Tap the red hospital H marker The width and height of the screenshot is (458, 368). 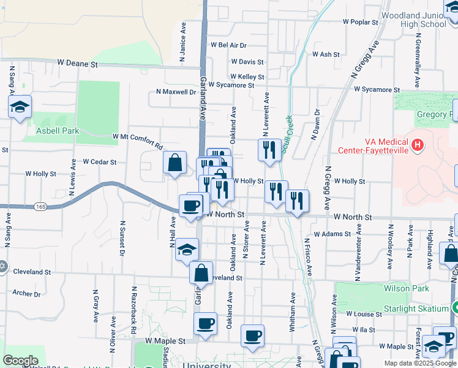coord(418,145)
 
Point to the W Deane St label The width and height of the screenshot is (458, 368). coord(78,63)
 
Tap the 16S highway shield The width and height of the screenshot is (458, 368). coord(40,207)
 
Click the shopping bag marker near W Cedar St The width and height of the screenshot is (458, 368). coord(175,163)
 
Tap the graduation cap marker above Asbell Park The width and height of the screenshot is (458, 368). coord(20,107)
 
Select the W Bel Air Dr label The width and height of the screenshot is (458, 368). coord(228,45)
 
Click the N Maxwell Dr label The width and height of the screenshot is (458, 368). coord(176,92)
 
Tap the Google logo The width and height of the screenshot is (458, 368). coord(21,361)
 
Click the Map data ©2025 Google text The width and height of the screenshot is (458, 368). coord(420,363)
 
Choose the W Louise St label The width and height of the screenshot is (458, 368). coord(364,314)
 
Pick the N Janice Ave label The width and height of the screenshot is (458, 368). coord(182,43)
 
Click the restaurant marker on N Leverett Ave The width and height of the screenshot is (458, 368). coord(269,150)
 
